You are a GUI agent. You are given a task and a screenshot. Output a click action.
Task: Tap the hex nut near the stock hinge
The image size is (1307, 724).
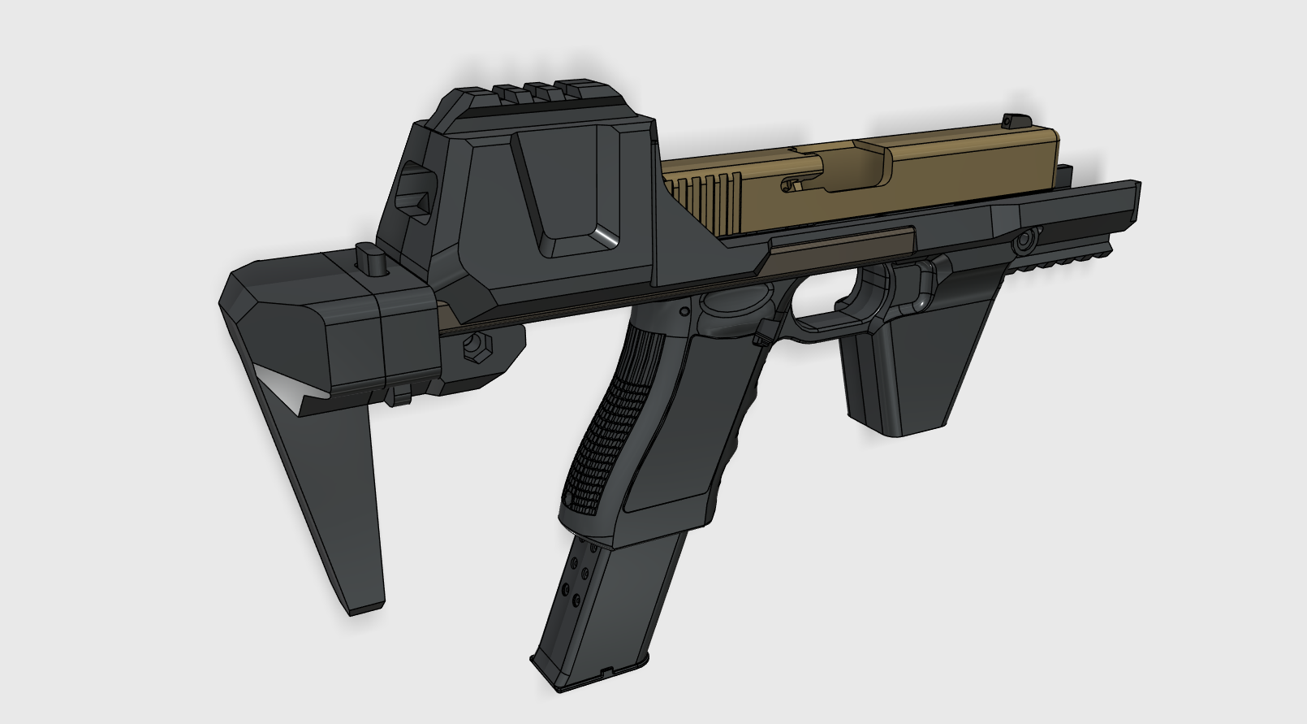point(475,349)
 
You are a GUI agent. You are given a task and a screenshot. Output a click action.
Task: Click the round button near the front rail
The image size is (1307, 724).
point(1025,241)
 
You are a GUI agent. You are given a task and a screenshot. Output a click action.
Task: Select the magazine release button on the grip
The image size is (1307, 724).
point(762,334)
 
